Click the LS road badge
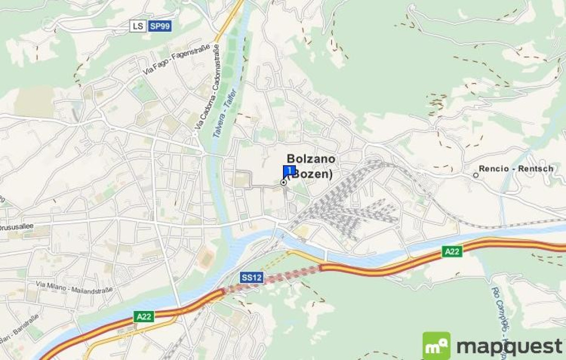pyautogui.click(x=138, y=26)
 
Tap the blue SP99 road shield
pyautogui.click(x=160, y=26)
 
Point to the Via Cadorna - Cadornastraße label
pyautogui.click(x=207, y=88)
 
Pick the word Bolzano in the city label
pyautogui.click(x=311, y=159)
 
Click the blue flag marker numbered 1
pyautogui.click(x=289, y=170)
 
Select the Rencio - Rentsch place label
pyautogui.click(x=516, y=168)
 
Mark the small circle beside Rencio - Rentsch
pyautogui.click(x=476, y=175)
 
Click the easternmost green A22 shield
pyautogui.click(x=451, y=251)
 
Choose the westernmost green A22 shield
pyautogui.click(x=143, y=316)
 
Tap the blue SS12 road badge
pyautogui.click(x=251, y=277)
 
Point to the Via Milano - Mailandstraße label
pyautogui.click(x=75, y=286)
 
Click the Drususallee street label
pyautogui.click(x=17, y=226)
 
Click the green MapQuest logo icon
pyautogui.click(x=436, y=346)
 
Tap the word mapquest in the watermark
pyautogui.click(x=509, y=347)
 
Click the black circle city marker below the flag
pyautogui.click(x=283, y=182)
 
